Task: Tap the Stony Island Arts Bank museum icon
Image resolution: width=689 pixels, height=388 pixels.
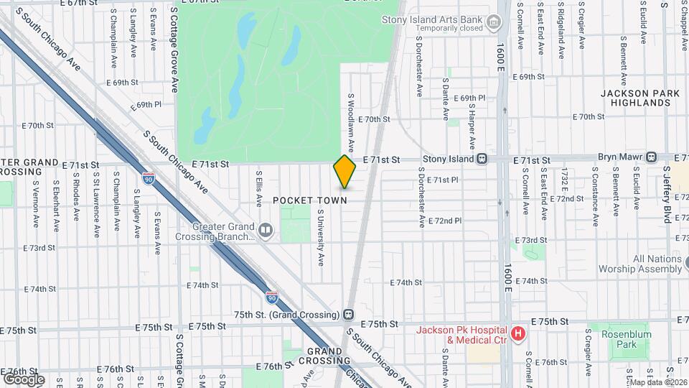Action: tap(493, 23)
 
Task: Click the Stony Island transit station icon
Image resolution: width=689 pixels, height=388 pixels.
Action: tap(483, 159)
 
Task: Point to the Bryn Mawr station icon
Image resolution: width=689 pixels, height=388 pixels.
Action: tap(651, 157)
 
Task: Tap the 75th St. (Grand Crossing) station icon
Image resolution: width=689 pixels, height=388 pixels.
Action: tap(348, 315)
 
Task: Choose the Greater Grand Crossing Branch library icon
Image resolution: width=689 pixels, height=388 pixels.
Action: tap(266, 230)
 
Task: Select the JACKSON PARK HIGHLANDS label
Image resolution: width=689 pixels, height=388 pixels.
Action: tap(635, 98)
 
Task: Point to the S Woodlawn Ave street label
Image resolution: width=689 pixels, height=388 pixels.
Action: tap(352, 122)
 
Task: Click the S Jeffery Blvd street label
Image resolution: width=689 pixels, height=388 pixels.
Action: tap(667, 194)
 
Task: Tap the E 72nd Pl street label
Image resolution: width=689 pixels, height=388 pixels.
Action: tap(445, 221)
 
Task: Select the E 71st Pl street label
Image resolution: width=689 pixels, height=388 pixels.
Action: tap(442, 180)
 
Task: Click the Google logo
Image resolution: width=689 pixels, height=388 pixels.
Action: tap(23, 379)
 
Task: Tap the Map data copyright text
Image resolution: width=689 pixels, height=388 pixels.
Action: tap(657, 383)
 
